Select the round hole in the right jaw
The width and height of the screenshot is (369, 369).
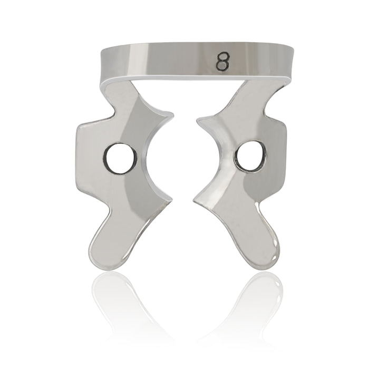[x=247, y=157]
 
